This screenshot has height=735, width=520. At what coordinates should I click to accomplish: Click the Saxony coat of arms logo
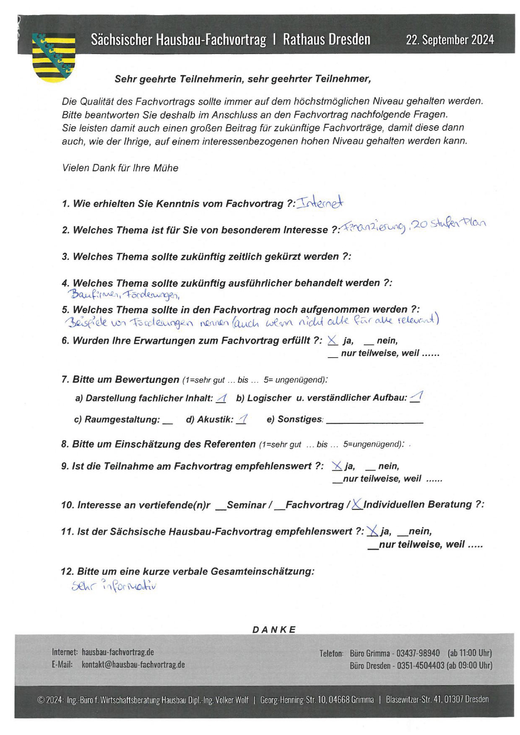(x=53, y=57)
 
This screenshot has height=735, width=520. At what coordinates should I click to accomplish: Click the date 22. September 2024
(x=450, y=40)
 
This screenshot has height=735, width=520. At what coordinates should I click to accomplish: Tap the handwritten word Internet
(x=320, y=203)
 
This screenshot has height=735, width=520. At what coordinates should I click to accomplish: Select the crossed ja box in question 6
(x=332, y=340)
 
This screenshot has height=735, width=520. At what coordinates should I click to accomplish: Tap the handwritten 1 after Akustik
(x=242, y=419)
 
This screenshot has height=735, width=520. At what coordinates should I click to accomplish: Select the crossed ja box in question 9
(x=336, y=466)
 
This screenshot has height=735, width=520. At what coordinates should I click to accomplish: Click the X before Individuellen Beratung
(x=357, y=504)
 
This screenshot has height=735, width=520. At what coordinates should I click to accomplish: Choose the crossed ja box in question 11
(x=372, y=531)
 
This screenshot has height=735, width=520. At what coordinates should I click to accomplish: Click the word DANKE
(x=274, y=629)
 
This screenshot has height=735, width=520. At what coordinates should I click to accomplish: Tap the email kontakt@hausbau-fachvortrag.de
(x=133, y=665)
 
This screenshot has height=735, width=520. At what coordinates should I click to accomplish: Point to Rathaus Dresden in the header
(x=326, y=40)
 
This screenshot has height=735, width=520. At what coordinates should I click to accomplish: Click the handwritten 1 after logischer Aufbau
(x=416, y=397)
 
